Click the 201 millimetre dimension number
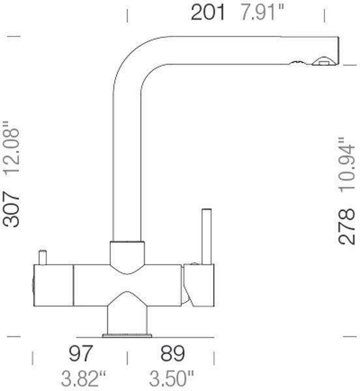207,12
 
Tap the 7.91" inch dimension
262,12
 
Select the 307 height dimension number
11,209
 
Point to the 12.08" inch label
11,149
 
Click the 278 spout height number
346,226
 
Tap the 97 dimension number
81,353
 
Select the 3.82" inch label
83,378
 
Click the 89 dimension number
173,353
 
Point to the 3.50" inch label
172,378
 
